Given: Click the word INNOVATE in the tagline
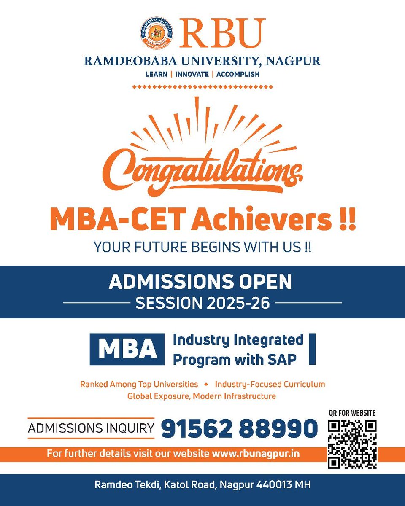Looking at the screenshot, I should coord(192,74).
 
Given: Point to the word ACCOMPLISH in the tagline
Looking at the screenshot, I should coord(238,74).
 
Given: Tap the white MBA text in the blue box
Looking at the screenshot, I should coord(127,349).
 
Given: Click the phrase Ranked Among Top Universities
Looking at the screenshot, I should coord(139,385).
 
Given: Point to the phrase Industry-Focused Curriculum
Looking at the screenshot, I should coord(270,385).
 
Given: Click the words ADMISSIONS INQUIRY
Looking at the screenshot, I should coord(91,428).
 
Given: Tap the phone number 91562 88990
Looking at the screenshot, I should coord(239,428).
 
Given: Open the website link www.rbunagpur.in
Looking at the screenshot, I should coord(256,454).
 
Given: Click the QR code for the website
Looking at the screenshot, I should coord(352,444).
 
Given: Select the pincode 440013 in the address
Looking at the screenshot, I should coord(273,485).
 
